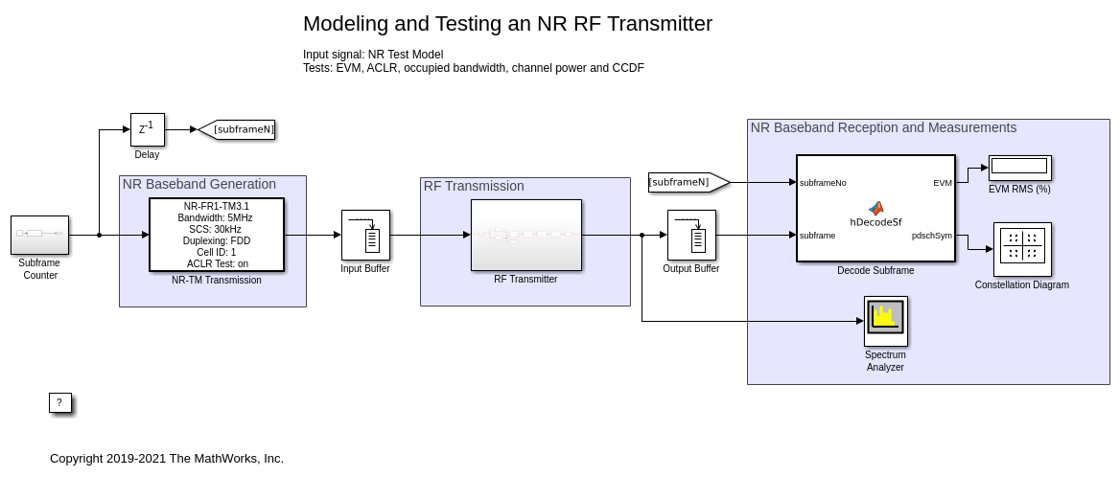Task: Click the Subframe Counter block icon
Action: point(39,235)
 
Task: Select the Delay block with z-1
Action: point(147,129)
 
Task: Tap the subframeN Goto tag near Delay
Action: point(238,129)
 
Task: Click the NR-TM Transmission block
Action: point(217,235)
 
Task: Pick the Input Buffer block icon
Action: point(365,235)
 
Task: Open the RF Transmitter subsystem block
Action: point(525,235)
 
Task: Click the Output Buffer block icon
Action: point(691,235)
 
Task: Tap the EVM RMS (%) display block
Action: point(1020,168)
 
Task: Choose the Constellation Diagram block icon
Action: point(1022,249)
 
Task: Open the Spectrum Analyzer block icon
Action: point(885,321)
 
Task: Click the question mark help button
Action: point(59,403)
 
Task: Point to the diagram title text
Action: point(507,24)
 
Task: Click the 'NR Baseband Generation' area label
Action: point(198,184)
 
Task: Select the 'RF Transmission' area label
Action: point(474,186)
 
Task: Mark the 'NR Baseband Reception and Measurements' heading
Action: point(883,127)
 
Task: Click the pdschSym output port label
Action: point(931,235)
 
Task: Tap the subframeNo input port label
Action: point(823,182)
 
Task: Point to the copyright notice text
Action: point(167,459)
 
